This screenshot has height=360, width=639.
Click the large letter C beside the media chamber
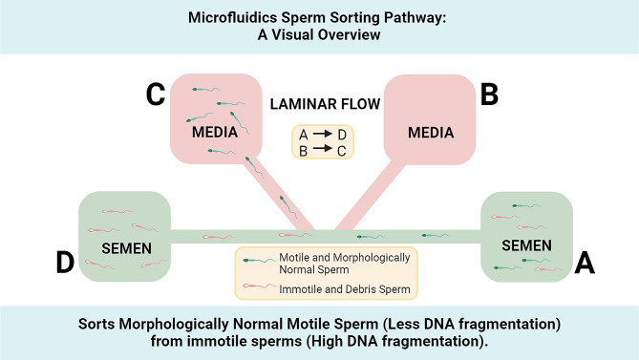[156, 95]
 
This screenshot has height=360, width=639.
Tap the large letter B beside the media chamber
[489, 95]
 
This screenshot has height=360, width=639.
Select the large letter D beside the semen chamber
[65, 262]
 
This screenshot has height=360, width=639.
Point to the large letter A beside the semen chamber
[585, 263]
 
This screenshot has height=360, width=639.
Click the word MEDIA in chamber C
[215, 133]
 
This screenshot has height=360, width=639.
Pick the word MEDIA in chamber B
[431, 133]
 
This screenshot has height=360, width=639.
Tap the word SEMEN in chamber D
[126, 248]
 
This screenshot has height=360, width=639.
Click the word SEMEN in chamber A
[526, 245]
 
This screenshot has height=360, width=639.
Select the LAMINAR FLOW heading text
[325, 104]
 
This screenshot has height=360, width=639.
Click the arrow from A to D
[322, 134]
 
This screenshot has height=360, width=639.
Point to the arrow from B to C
[322, 148]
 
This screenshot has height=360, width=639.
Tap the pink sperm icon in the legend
[260, 286]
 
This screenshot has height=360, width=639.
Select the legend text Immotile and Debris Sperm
[345, 289]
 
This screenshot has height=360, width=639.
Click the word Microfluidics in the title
[233, 17]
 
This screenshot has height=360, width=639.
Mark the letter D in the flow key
[342, 135]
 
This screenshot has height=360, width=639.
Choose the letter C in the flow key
[342, 151]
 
